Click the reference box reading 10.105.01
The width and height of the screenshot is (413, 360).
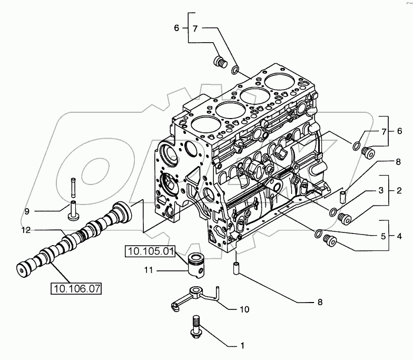click(150, 251)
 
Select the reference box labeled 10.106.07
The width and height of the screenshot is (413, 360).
click(76, 288)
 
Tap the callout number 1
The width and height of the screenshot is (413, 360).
click(242, 346)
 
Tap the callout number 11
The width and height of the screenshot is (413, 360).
click(150, 271)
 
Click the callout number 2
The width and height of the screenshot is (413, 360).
click(400, 189)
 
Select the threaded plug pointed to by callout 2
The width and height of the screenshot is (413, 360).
click(346, 218)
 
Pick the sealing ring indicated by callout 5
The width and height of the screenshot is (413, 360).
click(318, 233)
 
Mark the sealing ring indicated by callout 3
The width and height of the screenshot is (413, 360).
click(332, 212)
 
